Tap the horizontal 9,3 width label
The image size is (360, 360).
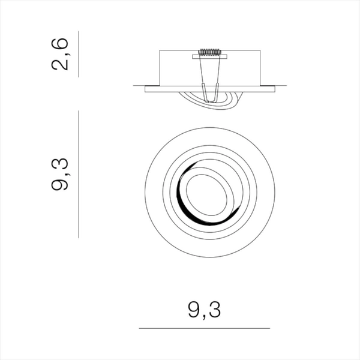click(x=205, y=310)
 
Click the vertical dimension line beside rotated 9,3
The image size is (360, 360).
click(x=79, y=174)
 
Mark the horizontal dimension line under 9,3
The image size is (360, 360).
click(x=204, y=328)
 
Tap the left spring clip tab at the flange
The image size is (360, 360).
click(x=204, y=93)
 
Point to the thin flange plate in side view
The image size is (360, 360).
click(x=162, y=89)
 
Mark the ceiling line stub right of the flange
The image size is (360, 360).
click(x=272, y=86)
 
